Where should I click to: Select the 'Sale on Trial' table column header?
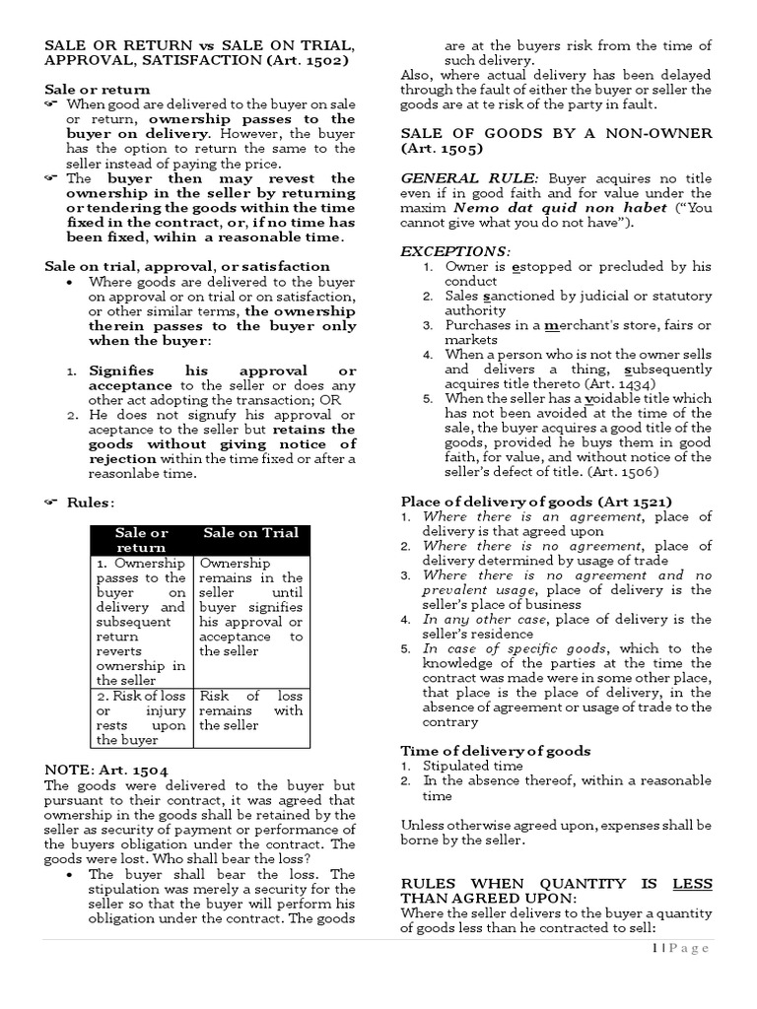click(x=250, y=533)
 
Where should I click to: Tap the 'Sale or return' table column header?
click(x=142, y=540)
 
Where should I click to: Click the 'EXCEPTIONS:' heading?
click(x=454, y=251)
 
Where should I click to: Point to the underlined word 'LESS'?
click(x=692, y=884)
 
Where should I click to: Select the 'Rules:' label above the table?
click(x=90, y=503)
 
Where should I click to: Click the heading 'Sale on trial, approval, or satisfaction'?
click(x=187, y=266)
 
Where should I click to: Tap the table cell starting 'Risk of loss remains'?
click(x=250, y=710)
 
